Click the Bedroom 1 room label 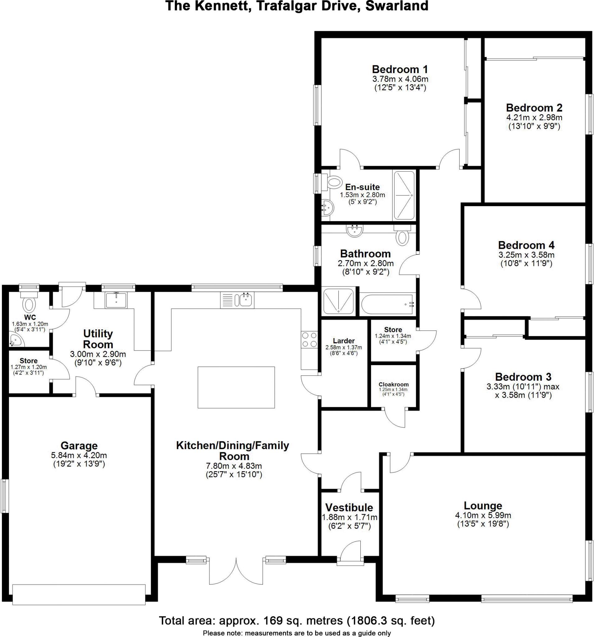(400, 69)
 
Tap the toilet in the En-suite (333, 182)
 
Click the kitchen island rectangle (236, 387)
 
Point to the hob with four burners (309, 340)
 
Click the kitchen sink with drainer (237, 300)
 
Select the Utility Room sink (116, 300)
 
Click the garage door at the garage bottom (79, 594)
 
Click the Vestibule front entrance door (350, 551)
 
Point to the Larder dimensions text (343, 350)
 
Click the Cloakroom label (393, 384)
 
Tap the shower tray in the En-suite (404, 195)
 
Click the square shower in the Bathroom (338, 301)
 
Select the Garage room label (79, 445)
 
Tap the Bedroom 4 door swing (472, 299)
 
